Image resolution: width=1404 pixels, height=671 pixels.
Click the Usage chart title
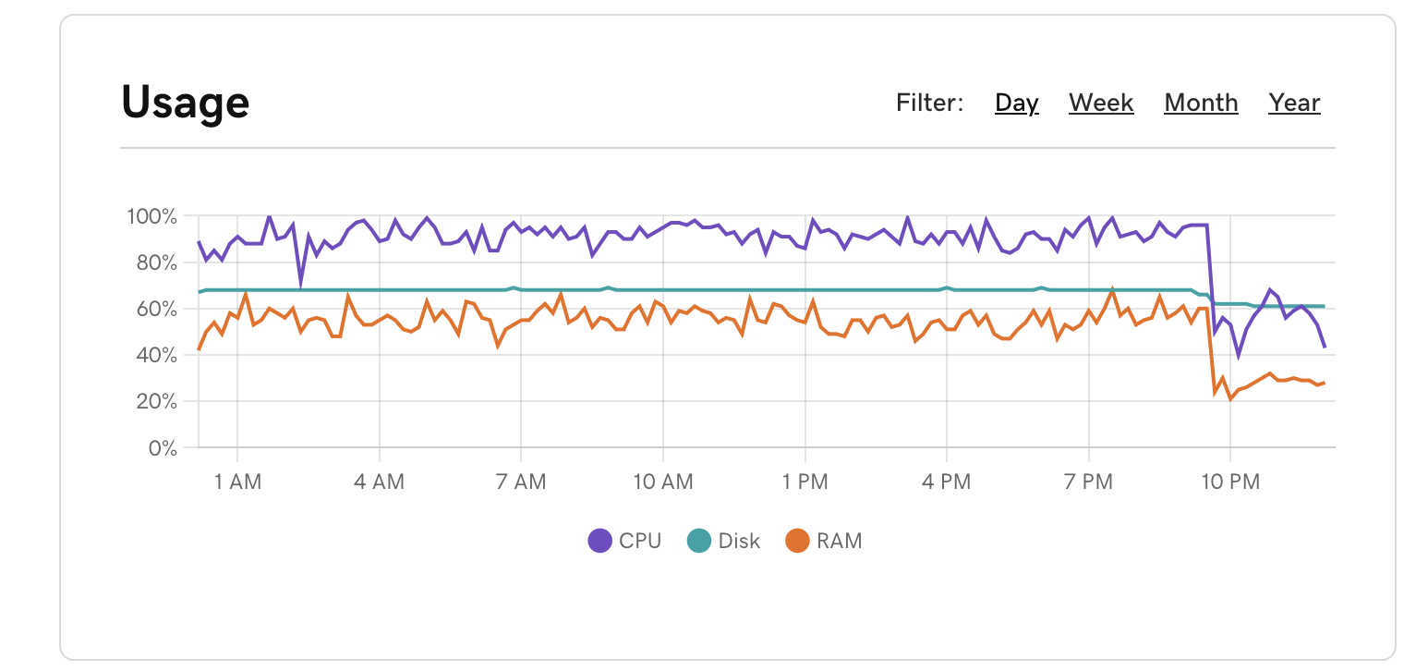(x=185, y=102)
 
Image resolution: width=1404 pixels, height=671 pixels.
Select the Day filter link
(x=1016, y=103)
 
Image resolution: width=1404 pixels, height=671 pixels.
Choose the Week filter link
(x=1101, y=103)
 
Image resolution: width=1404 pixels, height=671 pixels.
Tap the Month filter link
(x=1201, y=103)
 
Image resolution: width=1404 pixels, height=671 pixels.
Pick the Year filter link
(x=1294, y=103)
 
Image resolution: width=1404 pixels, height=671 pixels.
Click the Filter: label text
(x=929, y=103)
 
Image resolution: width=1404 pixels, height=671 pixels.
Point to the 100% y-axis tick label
(x=151, y=216)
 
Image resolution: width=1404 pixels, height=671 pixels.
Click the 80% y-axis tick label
(x=155, y=262)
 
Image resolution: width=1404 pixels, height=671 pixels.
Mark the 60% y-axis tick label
(x=155, y=309)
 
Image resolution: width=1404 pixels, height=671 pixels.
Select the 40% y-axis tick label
(x=155, y=355)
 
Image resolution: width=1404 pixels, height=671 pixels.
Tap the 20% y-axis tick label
(x=155, y=401)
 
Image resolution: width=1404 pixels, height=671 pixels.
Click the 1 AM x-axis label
(x=237, y=482)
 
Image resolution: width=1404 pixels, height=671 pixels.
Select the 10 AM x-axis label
(x=662, y=482)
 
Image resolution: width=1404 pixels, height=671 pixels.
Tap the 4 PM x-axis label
(x=947, y=482)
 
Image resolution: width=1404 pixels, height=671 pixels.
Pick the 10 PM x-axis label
(x=1230, y=482)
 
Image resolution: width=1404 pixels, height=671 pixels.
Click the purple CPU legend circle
(x=600, y=541)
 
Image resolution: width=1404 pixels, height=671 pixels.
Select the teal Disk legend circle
(x=699, y=541)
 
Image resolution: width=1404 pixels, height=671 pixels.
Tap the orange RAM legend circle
(x=797, y=541)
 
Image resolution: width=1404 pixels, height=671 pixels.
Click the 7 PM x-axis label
(x=1088, y=482)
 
